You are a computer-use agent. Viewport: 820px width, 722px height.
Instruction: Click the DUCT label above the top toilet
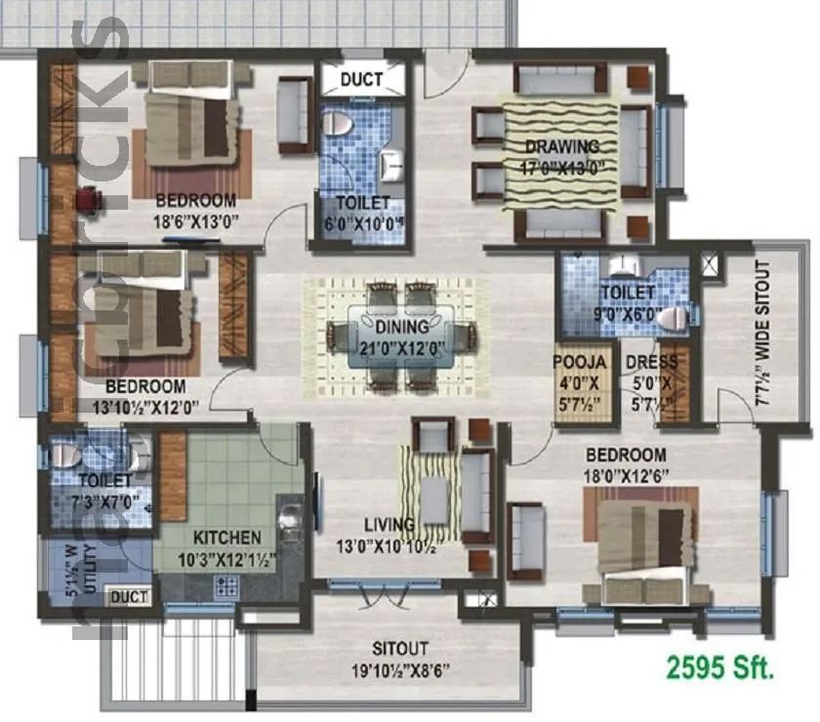[x=360, y=79]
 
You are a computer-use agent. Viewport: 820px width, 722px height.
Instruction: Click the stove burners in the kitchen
[x=226, y=585]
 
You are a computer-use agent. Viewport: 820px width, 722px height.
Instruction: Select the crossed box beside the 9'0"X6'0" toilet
[x=708, y=263]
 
